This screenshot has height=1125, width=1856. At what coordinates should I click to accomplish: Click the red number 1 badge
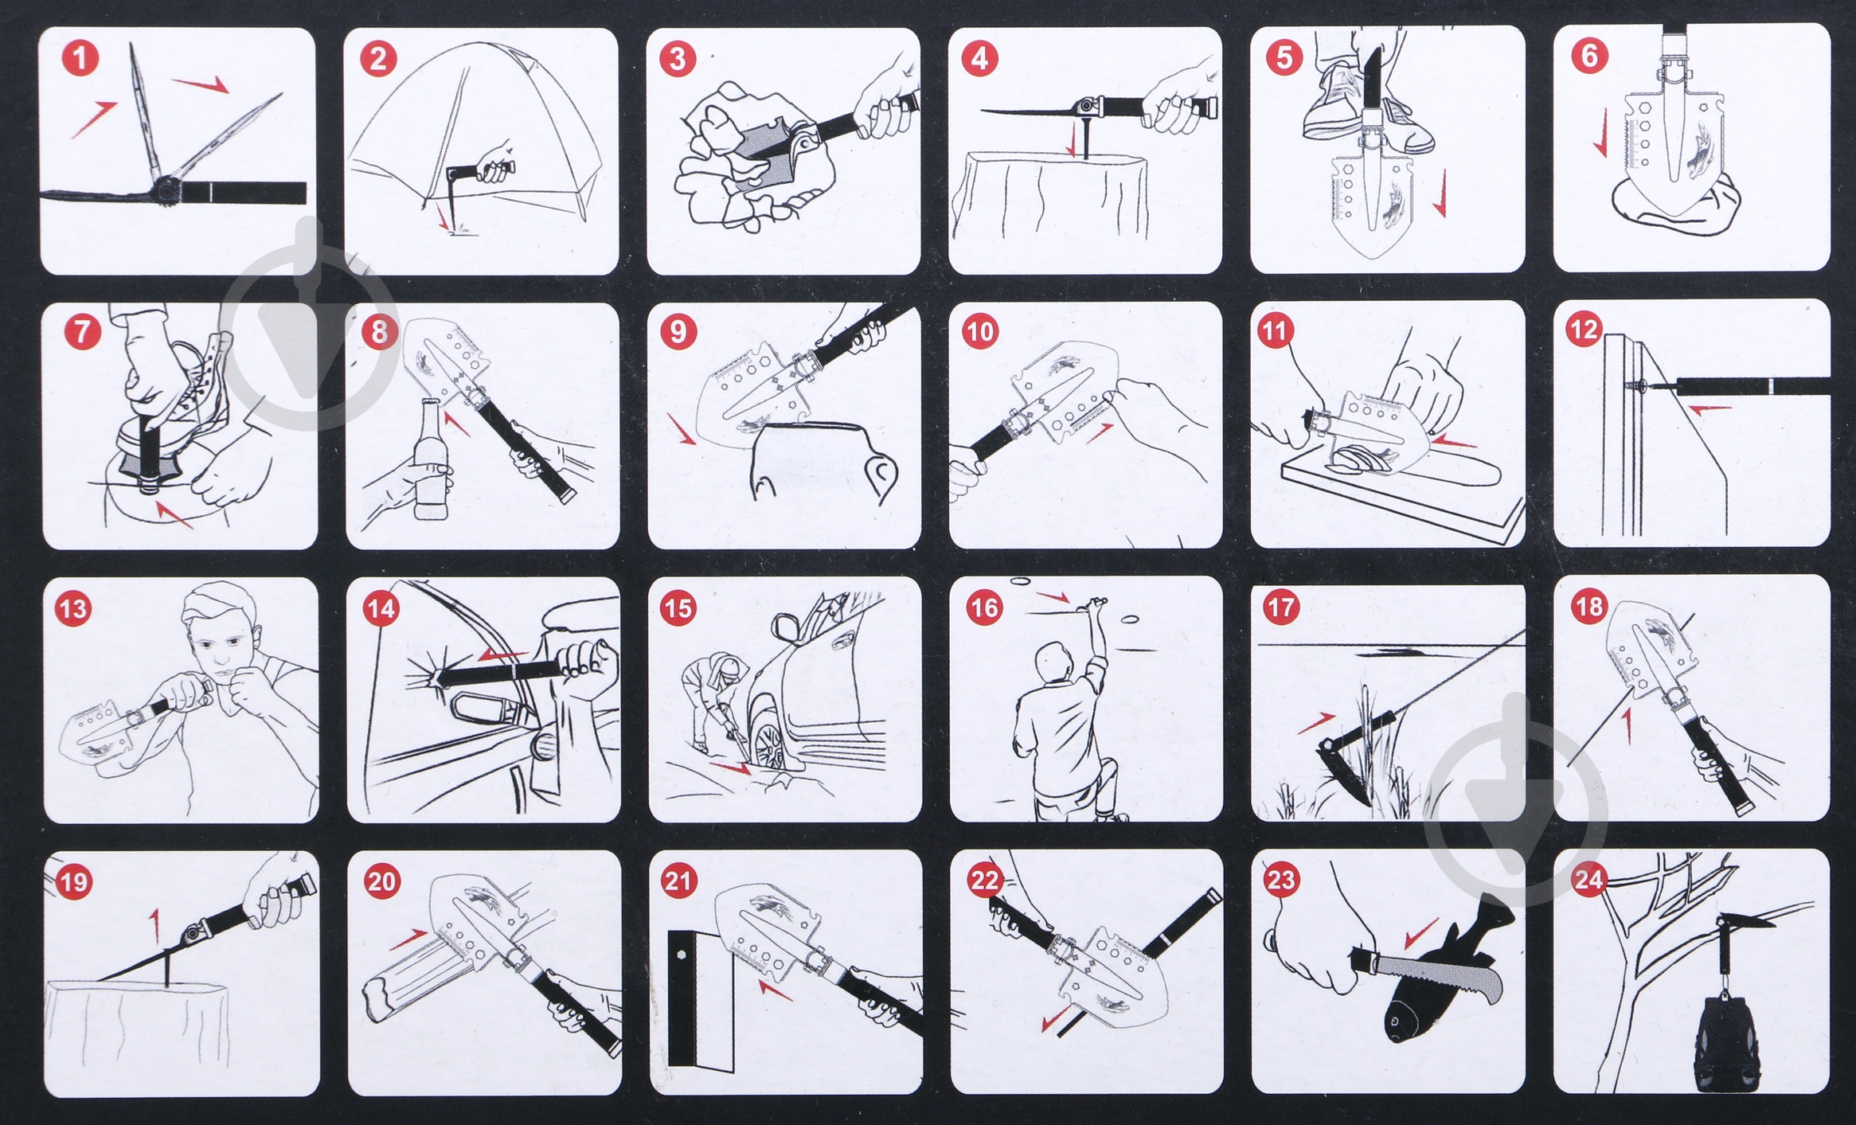pos(80,58)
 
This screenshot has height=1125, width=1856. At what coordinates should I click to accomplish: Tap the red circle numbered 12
pos(1584,330)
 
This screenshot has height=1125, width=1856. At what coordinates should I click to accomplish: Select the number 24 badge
pos(1588,880)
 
